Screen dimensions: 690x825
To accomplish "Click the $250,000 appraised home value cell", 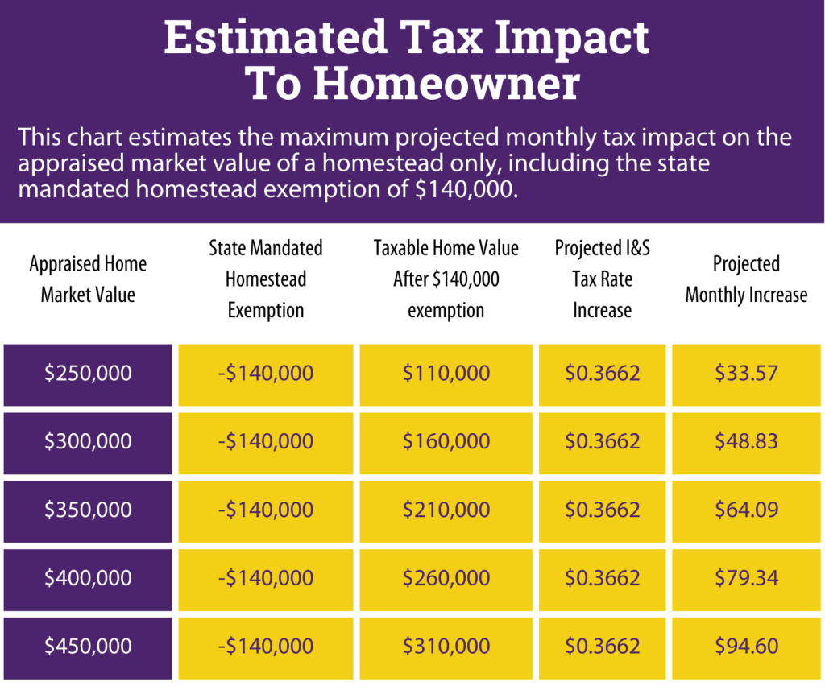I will [88, 374].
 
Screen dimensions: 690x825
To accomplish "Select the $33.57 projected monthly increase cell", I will [746, 374].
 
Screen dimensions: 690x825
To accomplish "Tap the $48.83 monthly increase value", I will [746, 441].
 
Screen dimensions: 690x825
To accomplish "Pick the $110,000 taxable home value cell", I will [446, 374].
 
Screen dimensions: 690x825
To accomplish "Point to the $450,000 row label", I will [88, 646].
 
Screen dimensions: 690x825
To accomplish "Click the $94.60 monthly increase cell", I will [746, 646].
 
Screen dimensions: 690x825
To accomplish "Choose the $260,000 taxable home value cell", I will [446, 578].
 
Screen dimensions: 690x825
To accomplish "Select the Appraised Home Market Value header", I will [88, 279].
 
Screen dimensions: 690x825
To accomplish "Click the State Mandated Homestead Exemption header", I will [266, 279].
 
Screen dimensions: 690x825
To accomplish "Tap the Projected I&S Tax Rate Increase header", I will [602, 279].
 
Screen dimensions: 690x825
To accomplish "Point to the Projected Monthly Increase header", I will [746, 279].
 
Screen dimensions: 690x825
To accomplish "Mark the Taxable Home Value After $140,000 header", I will [446, 279].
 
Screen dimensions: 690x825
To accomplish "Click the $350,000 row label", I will [88, 510].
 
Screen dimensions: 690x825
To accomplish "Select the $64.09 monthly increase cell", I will [746, 510].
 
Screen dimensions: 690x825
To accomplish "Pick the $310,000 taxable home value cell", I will [446, 646].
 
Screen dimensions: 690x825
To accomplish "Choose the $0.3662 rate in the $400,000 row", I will [602, 578].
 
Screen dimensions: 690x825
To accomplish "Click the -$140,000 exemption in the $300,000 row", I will [266, 441].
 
